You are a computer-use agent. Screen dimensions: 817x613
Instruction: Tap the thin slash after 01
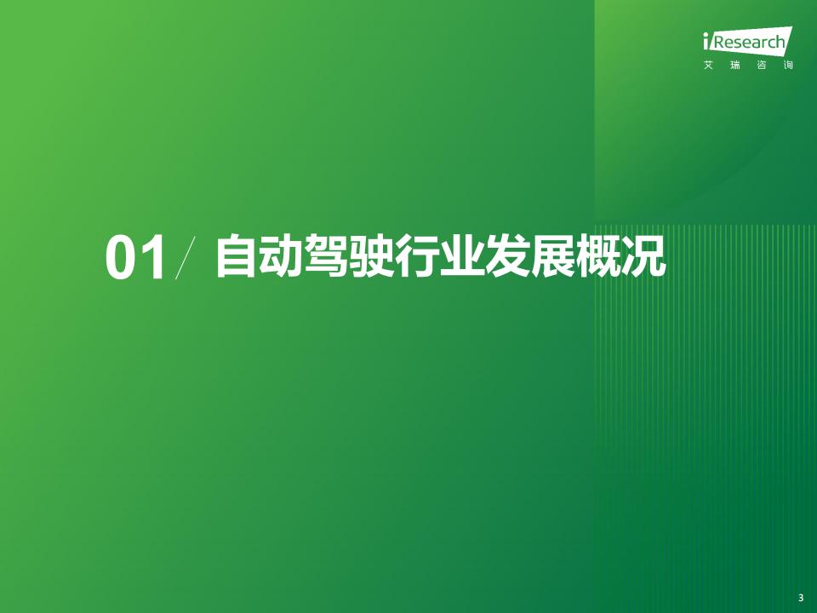[186, 257]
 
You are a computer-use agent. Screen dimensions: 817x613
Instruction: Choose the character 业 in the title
[461, 255]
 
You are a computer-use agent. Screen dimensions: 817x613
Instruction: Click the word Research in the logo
[748, 42]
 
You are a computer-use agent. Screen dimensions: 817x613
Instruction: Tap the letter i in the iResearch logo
[706, 41]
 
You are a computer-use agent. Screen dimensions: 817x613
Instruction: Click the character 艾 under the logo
[708, 66]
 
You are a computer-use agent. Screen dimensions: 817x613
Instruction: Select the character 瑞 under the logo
[735, 66]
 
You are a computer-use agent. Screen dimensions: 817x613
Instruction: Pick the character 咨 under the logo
[762, 66]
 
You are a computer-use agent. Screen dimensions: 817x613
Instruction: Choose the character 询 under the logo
[788, 66]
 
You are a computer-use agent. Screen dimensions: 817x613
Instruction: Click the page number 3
[801, 598]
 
